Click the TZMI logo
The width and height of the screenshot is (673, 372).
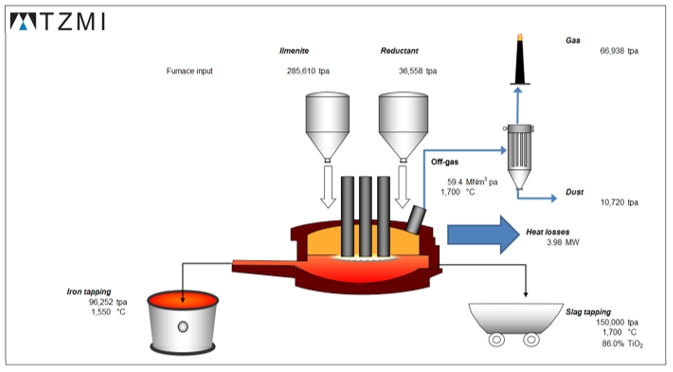[x=58, y=21]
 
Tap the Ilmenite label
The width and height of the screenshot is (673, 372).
[x=294, y=51]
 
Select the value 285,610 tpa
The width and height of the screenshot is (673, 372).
[x=308, y=71]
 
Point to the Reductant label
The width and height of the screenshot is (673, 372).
[x=399, y=51]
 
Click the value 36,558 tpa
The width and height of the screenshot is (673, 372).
[x=418, y=71]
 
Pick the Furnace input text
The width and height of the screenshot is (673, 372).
[x=189, y=71]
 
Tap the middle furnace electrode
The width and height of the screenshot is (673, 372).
[x=365, y=217]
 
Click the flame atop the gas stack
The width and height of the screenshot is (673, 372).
[x=520, y=37]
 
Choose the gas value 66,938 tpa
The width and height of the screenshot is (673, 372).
[x=619, y=51]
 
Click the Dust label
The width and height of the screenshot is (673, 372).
[x=574, y=192]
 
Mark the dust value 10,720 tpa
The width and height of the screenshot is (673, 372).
[x=619, y=202]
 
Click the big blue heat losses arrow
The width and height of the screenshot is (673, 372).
[x=484, y=235]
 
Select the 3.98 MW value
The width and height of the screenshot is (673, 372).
[x=563, y=242]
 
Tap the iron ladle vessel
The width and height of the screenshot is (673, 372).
[x=183, y=322]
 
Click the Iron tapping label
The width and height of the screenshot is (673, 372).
[x=89, y=292]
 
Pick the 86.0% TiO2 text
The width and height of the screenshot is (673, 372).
[x=622, y=344]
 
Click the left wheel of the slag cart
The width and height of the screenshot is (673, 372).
[x=497, y=340]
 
